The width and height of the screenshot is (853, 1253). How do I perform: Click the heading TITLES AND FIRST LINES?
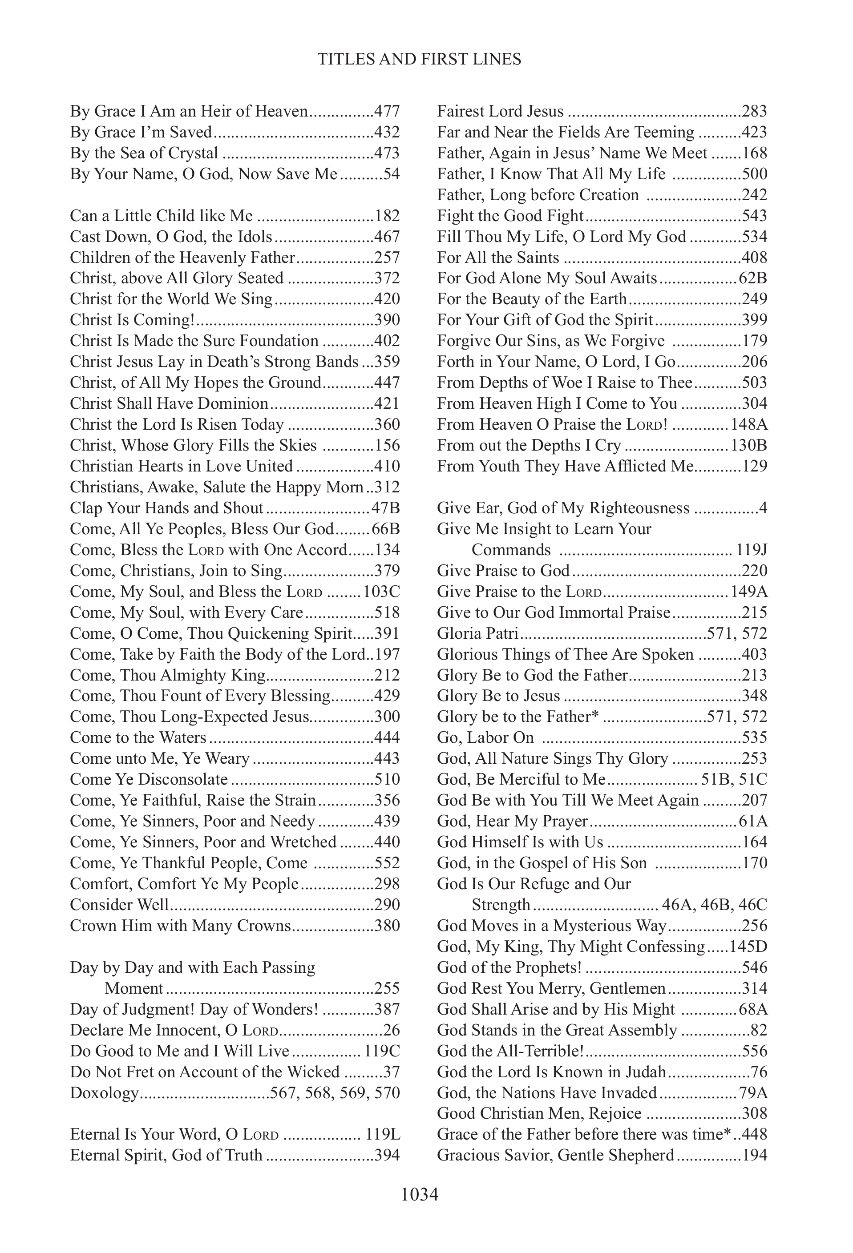(x=420, y=59)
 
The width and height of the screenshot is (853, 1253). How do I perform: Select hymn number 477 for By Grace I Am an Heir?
(x=387, y=112)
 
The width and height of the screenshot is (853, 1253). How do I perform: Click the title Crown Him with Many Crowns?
(x=180, y=926)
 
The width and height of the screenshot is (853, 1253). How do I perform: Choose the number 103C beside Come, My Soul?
(x=382, y=592)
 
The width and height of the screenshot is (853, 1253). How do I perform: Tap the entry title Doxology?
(x=105, y=1093)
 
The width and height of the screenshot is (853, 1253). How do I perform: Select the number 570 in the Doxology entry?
(x=387, y=1093)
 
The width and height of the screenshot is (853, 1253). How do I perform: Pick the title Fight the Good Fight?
(x=510, y=216)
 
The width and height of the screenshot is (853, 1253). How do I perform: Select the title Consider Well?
(x=120, y=905)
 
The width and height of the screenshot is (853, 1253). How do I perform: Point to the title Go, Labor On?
(x=485, y=737)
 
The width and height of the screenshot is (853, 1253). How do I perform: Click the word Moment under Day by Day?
(x=134, y=988)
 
